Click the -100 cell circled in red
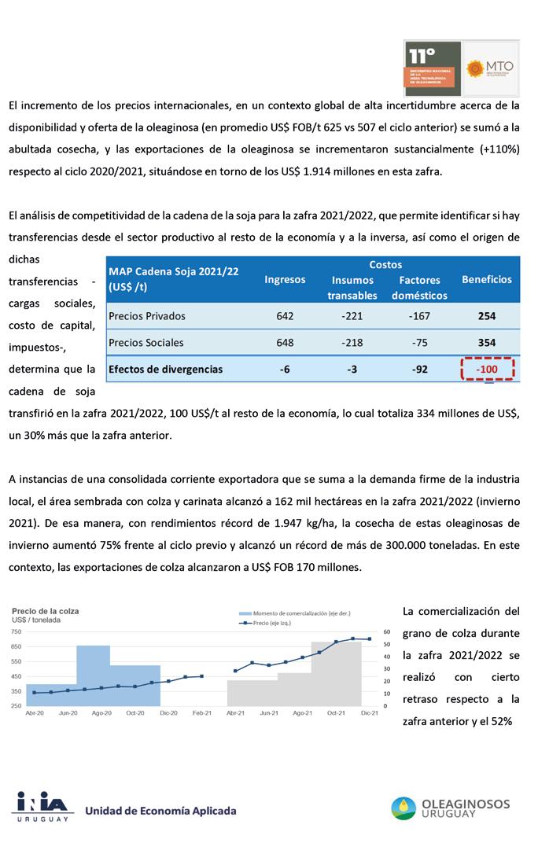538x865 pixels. click(487, 369)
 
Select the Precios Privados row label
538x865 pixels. click(147, 316)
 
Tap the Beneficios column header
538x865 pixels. click(486, 279)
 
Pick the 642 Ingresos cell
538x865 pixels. click(285, 316)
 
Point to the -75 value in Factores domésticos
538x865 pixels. click(419, 343)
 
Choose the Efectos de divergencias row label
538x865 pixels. click(165, 369)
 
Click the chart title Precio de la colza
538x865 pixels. click(45, 611)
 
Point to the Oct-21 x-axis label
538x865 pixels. click(337, 713)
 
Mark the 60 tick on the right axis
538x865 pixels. click(387, 631)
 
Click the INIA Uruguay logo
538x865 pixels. click(42, 806)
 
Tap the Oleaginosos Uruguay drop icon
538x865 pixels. click(404, 808)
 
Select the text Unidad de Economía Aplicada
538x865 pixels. click(160, 811)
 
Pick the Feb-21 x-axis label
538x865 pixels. click(202, 713)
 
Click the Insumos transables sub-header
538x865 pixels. click(352, 288)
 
